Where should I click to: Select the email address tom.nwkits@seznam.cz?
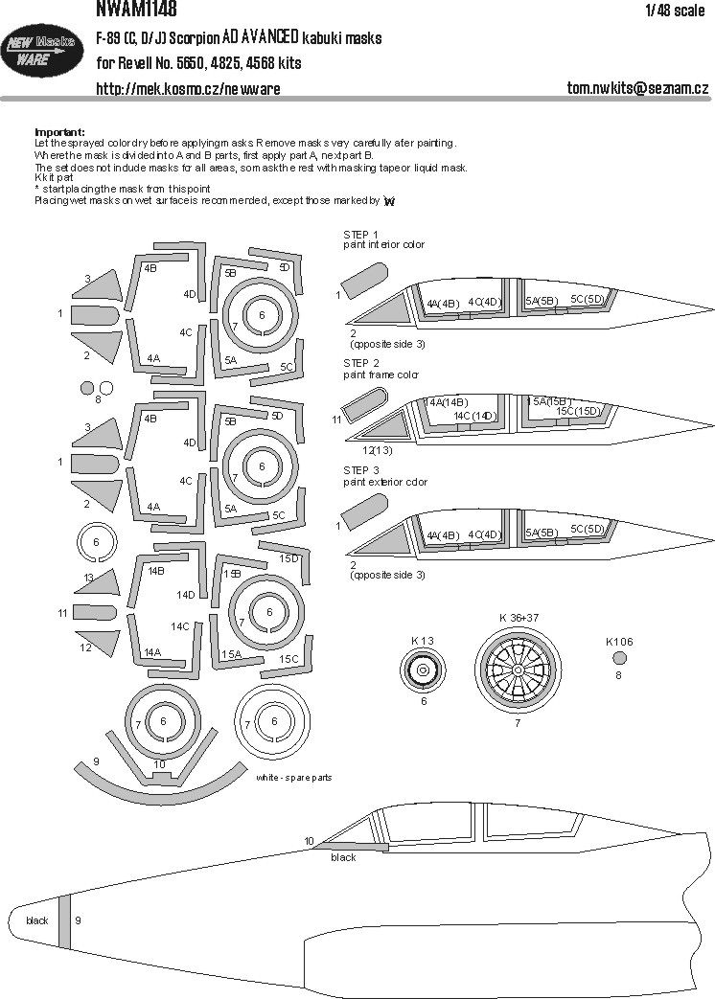click(637, 89)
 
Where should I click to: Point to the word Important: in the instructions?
click(59, 132)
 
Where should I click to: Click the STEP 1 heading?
click(361, 234)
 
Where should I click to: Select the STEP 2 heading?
click(361, 364)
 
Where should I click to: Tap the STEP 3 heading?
click(361, 471)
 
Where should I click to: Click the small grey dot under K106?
click(620, 657)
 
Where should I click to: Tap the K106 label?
click(619, 641)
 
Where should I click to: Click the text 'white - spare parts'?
click(293, 778)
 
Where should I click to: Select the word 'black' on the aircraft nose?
click(37, 921)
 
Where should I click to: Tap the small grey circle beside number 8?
click(87, 388)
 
